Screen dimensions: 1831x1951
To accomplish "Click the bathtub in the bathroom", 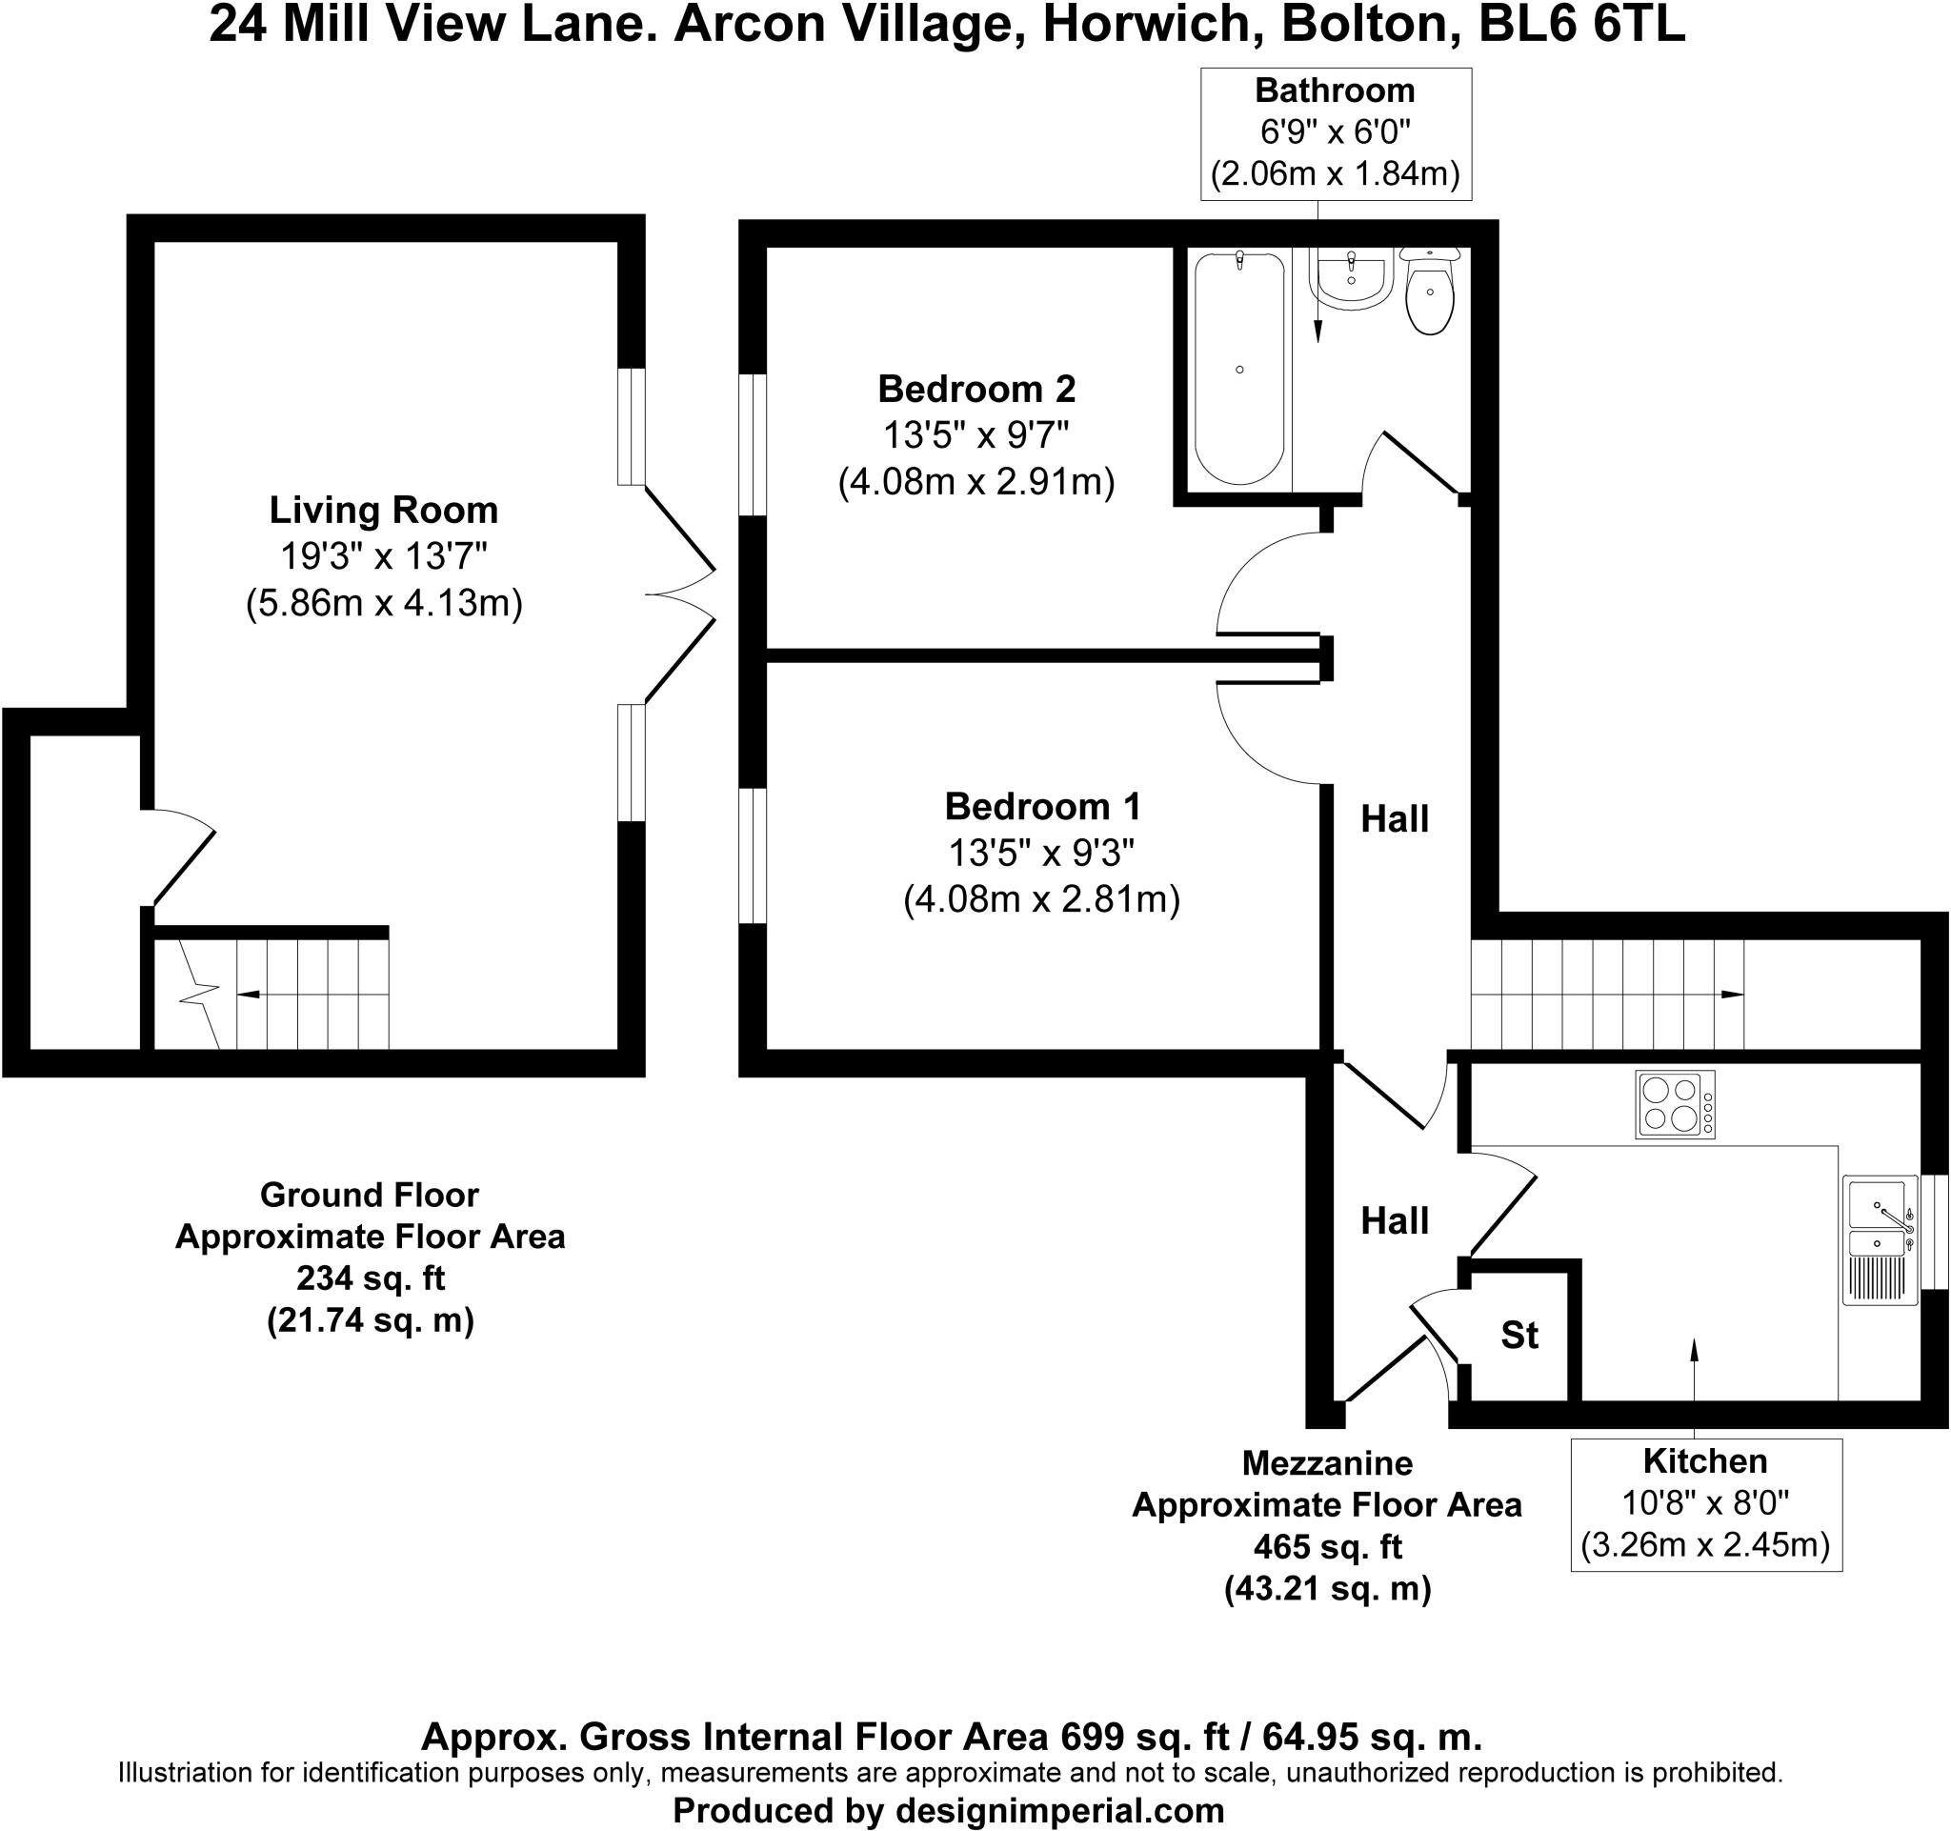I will [1239, 368].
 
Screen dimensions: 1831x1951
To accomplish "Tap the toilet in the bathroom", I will [1430, 292].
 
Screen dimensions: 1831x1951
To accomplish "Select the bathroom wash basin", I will [1352, 279].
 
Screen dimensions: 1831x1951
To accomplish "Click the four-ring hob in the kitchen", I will [1674, 1104].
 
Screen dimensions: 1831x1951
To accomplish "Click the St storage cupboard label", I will [1519, 1335].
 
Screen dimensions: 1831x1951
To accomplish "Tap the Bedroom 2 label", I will [976, 390].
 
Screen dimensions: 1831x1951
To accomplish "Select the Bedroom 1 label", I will [1042, 807].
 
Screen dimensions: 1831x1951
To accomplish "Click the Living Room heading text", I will [384, 511].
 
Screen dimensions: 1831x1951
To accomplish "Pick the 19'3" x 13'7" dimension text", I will [384, 556].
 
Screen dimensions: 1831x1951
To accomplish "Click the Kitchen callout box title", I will [1704, 1461].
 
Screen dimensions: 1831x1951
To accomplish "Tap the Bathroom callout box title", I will [1335, 91].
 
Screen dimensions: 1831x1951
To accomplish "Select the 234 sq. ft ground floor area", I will [370, 1278].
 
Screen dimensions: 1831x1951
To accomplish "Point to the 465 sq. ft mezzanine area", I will [1327, 1546].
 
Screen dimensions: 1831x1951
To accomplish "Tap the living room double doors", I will [680, 594].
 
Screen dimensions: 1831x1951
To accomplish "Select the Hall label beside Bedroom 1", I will [1395, 819].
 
